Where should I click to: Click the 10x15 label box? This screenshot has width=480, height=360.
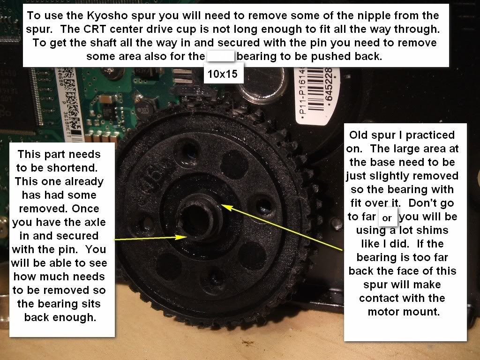tap(223, 74)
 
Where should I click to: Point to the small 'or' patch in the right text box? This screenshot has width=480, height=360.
tap(388, 217)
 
